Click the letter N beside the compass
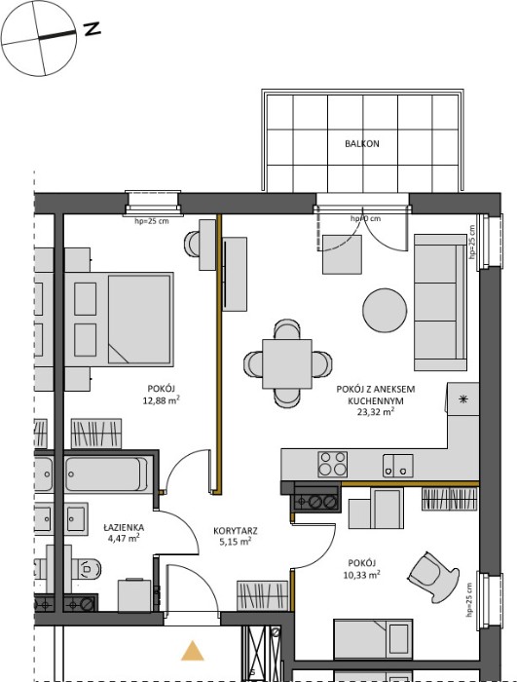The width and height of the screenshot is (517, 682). tap(92, 29)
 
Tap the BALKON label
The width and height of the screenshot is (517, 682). tap(362, 143)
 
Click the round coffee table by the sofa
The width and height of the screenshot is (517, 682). tap(385, 310)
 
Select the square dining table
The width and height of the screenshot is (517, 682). tap(287, 364)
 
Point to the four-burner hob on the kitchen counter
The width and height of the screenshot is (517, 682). tap(333, 464)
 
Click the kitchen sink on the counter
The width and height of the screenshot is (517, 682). tap(398, 466)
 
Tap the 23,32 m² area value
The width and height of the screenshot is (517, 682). tap(376, 412)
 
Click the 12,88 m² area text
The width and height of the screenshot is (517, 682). tap(162, 400)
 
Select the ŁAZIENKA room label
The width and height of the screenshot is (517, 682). tap(124, 528)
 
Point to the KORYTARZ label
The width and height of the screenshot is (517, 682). tap(236, 531)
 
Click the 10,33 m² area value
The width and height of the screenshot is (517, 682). tap(362, 575)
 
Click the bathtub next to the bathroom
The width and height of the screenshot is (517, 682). tap(107, 474)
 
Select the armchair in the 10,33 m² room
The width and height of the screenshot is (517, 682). tap(433, 577)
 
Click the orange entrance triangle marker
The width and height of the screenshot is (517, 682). tap(192, 651)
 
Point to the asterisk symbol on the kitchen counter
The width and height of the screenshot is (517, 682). tap(463, 399)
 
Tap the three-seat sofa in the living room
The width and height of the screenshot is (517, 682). tap(440, 302)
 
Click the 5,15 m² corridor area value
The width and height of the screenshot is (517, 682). tap(236, 542)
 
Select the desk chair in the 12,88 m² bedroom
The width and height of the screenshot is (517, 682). tap(192, 244)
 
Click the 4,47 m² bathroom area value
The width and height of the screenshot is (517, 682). tap(124, 539)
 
